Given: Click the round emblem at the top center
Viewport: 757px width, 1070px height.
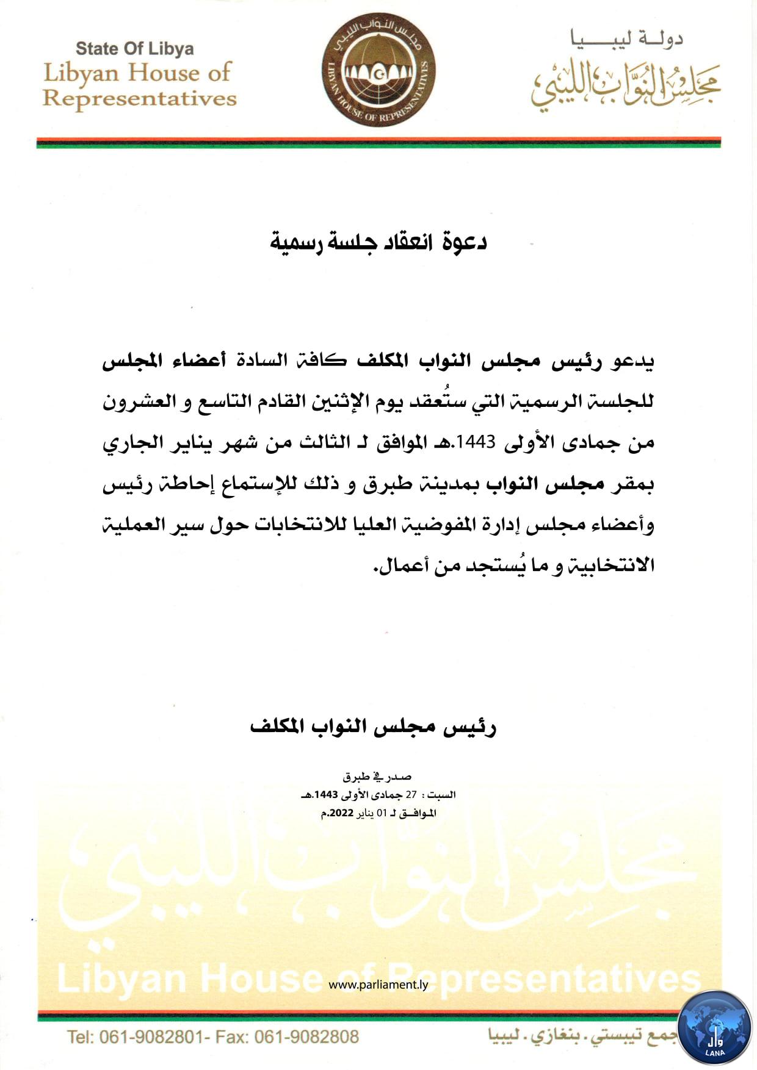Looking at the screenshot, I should [378, 72].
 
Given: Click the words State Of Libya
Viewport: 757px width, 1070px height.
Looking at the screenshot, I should [134, 49].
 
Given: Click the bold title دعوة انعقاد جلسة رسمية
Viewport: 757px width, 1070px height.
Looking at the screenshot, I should [378, 242].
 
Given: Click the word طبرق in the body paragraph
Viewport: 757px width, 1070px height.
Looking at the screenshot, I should [382, 484].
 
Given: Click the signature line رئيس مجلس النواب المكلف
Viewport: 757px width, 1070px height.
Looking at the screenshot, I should [374, 727].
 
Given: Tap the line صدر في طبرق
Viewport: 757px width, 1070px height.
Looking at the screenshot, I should [377, 777].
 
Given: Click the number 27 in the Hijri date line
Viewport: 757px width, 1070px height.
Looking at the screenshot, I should [410, 795].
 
